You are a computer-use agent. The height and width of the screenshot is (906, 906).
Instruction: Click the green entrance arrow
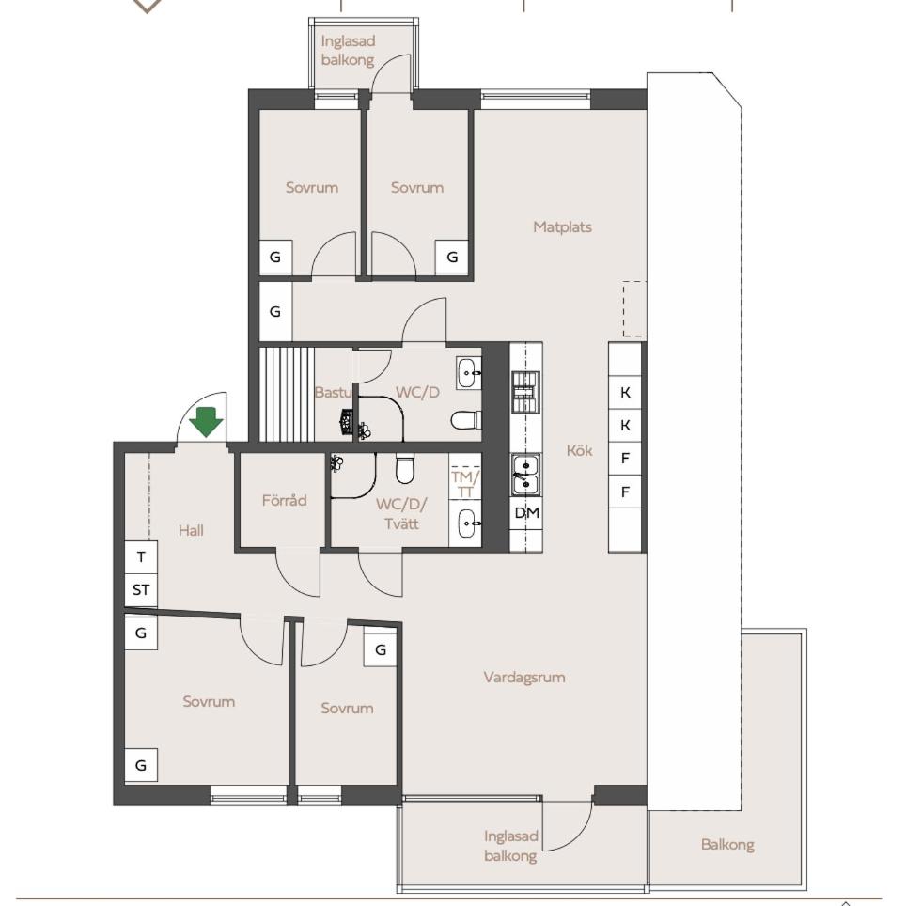[x=206, y=421]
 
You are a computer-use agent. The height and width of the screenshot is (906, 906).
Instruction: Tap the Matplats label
[x=562, y=226]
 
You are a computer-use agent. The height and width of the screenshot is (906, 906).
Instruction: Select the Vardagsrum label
[x=524, y=678]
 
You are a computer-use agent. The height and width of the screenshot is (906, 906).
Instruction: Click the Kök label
[x=579, y=450]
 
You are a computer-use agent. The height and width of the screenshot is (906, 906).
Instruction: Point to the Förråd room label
[x=284, y=500]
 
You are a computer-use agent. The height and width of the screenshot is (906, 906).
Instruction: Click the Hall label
[x=191, y=530]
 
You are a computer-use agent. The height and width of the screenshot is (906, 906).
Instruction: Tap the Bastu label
[x=333, y=392]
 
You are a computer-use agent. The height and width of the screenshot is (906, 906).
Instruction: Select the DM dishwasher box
[x=526, y=512]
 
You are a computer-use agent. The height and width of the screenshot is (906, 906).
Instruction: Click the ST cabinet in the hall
[x=141, y=590]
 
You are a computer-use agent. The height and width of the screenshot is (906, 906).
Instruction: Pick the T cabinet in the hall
[x=141, y=557]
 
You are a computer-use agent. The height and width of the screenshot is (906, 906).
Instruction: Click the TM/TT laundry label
[x=465, y=484]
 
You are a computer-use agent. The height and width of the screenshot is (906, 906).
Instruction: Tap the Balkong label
[x=727, y=845]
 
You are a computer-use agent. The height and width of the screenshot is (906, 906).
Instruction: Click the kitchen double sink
[x=525, y=475]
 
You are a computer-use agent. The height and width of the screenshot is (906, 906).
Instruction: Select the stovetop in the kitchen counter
[x=525, y=392]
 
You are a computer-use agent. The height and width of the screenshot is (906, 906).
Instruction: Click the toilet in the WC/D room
[x=466, y=420]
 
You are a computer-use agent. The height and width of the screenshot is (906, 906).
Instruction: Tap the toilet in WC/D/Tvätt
[x=405, y=468]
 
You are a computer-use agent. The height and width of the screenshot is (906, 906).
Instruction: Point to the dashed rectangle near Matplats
[x=634, y=308]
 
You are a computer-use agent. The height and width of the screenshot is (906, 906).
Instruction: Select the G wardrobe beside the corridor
[x=275, y=311]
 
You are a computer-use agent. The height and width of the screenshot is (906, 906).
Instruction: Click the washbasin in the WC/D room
[x=468, y=373]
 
